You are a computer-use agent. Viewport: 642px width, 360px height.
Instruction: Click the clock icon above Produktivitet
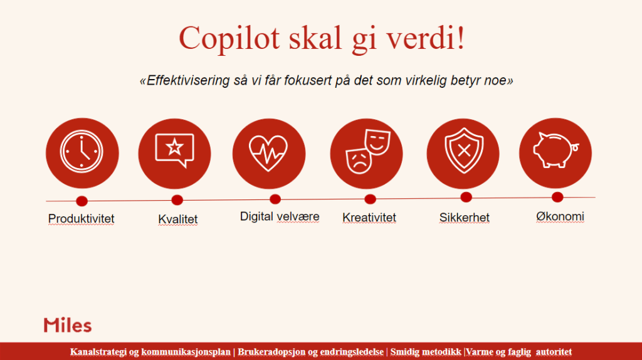click(x=82, y=152)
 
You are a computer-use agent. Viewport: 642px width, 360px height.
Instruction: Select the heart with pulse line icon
click(x=268, y=153)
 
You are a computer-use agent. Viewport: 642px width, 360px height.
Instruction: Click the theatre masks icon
click(x=367, y=151)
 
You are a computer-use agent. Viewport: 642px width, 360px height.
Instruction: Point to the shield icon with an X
click(x=464, y=151)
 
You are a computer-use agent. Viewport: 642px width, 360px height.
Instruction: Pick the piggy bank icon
click(x=556, y=150)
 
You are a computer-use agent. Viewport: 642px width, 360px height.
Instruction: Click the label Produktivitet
click(x=81, y=219)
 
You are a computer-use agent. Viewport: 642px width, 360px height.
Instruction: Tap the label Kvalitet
click(x=177, y=219)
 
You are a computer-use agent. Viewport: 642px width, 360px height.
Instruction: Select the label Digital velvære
click(x=280, y=216)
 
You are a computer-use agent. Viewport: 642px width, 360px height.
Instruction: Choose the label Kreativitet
click(x=369, y=218)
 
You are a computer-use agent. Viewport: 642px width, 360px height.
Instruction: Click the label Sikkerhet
click(x=465, y=218)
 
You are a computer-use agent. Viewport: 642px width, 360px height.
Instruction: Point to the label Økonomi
click(x=560, y=216)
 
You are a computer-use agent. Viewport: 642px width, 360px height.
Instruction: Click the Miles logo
click(x=68, y=325)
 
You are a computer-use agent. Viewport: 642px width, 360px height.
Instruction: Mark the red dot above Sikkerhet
click(x=466, y=198)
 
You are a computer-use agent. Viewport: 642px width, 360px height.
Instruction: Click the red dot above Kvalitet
click(x=177, y=200)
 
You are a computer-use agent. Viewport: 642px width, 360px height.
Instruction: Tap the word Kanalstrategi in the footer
click(x=98, y=352)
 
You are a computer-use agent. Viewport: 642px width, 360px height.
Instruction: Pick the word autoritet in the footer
click(x=554, y=352)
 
